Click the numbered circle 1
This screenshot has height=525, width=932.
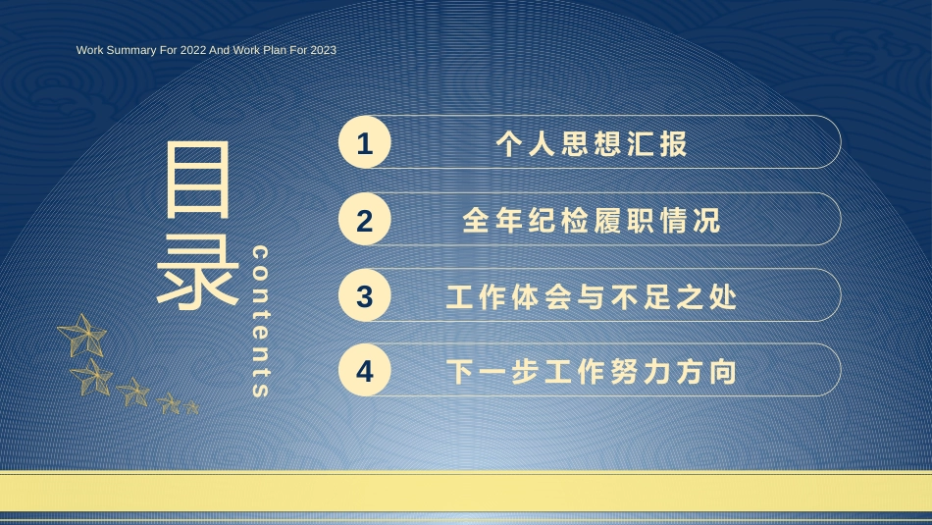(x=364, y=142)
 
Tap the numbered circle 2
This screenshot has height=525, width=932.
(x=364, y=219)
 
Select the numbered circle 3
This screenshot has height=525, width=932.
(x=364, y=295)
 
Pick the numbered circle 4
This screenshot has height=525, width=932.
(x=364, y=370)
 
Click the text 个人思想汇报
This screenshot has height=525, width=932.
(x=592, y=143)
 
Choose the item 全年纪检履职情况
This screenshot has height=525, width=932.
(x=592, y=220)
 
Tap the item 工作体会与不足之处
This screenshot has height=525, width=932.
(x=592, y=296)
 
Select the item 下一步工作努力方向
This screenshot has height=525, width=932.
(x=592, y=372)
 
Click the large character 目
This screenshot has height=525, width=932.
(x=197, y=179)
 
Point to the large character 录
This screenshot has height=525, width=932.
(x=197, y=271)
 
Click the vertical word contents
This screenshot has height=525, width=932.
(x=260, y=321)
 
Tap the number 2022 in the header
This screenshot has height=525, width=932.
(x=193, y=50)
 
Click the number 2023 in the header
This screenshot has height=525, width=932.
(x=323, y=50)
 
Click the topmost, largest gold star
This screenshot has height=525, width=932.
(x=83, y=336)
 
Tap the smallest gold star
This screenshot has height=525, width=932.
(x=190, y=407)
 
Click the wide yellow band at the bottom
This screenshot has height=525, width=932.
(x=466, y=491)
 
